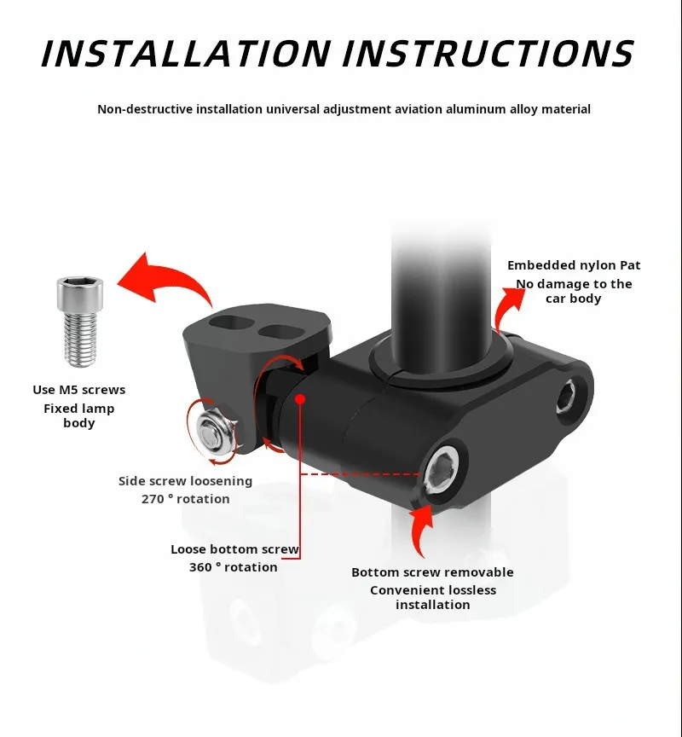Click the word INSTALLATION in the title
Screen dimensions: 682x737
(x=186, y=53)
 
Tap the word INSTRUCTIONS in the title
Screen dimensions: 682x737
(x=488, y=53)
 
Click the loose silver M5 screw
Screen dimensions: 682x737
(x=80, y=321)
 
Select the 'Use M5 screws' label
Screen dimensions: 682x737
(x=79, y=390)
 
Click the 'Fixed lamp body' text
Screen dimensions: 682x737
(x=79, y=415)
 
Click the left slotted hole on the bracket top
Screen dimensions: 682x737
(x=230, y=323)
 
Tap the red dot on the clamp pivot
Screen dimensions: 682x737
(x=301, y=399)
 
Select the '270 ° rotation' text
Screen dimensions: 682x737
(x=186, y=499)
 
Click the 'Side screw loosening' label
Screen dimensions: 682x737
(x=185, y=481)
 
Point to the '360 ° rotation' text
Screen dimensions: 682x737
(x=234, y=567)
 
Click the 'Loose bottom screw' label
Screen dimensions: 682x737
(x=234, y=549)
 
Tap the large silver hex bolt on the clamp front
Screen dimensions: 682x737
(x=442, y=471)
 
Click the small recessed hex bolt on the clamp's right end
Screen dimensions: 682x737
(x=568, y=398)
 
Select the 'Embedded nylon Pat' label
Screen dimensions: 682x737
(x=574, y=265)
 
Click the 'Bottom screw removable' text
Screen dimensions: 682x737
(x=432, y=572)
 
